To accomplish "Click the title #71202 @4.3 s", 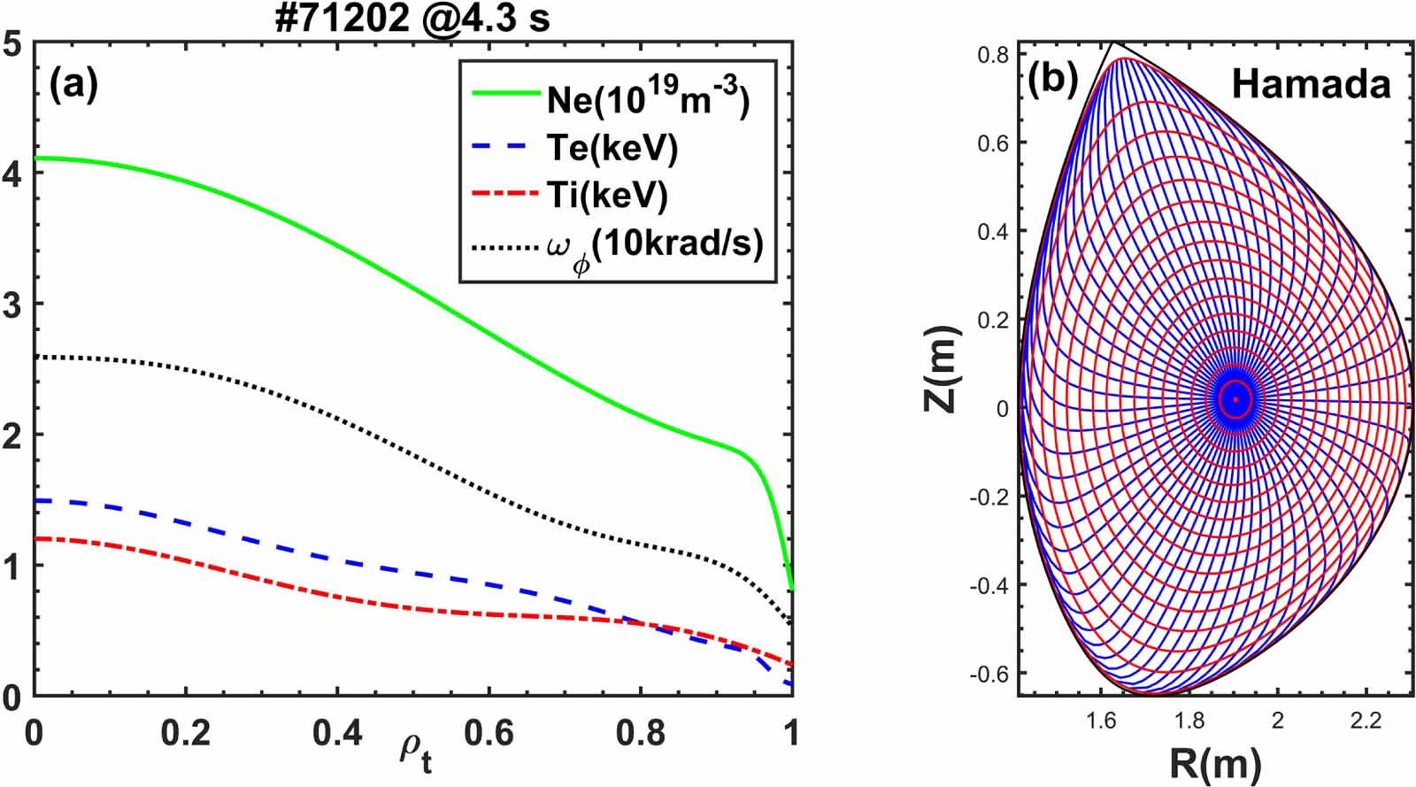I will pyautogui.click(x=412, y=18).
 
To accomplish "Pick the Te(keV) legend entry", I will pyautogui.click(x=612, y=148).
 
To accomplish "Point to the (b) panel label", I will pyautogui.click(x=1053, y=81).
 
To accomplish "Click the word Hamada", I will pyautogui.click(x=1311, y=84).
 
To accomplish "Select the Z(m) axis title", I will pyautogui.click(x=941, y=369).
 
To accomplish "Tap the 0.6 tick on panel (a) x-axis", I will pyautogui.click(x=489, y=733).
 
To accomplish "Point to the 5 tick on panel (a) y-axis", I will pyautogui.click(x=12, y=43).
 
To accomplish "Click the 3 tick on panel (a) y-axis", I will pyautogui.click(x=12, y=305).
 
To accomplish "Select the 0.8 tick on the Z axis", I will pyautogui.click(x=993, y=55).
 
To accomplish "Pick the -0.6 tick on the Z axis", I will pyautogui.click(x=989, y=674).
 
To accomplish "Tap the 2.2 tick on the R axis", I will pyautogui.click(x=1366, y=721).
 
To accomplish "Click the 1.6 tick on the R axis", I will pyautogui.click(x=1102, y=721).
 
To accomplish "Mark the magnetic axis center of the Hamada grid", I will pyautogui.click(x=1235, y=400).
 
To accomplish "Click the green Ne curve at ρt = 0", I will pyautogui.click(x=35, y=158).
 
